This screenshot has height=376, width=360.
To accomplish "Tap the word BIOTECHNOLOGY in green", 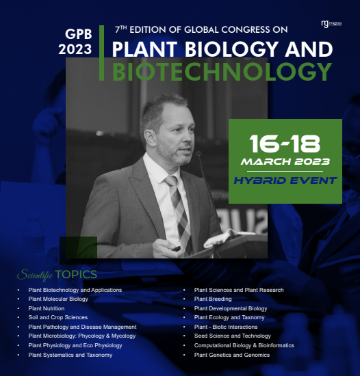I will tap(222, 72).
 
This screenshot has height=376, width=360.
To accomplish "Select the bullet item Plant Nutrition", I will tap(47, 308).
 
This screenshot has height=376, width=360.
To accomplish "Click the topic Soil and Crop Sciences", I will tap(58, 318).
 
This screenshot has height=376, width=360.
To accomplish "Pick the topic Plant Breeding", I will tap(213, 299).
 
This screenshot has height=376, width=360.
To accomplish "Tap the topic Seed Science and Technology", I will tap(233, 336).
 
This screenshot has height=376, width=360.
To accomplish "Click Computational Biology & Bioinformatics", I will tap(244, 345).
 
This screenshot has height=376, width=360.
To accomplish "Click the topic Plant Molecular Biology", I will tap(58, 299).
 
